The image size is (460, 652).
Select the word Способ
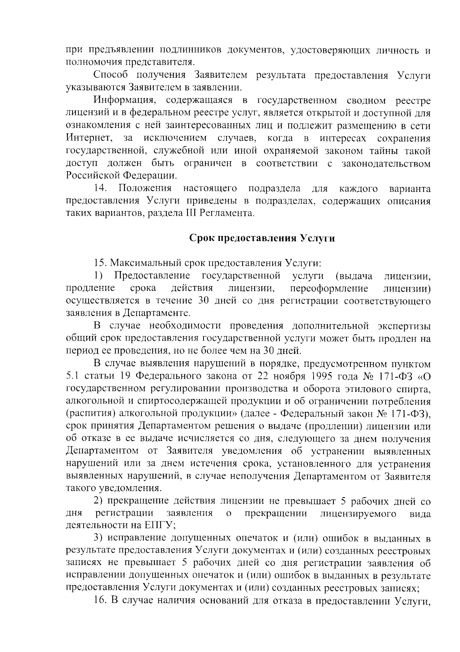(113, 75)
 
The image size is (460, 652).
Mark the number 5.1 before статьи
(73, 376)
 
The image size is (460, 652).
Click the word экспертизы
(404, 326)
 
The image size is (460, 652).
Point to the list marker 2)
(99, 501)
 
